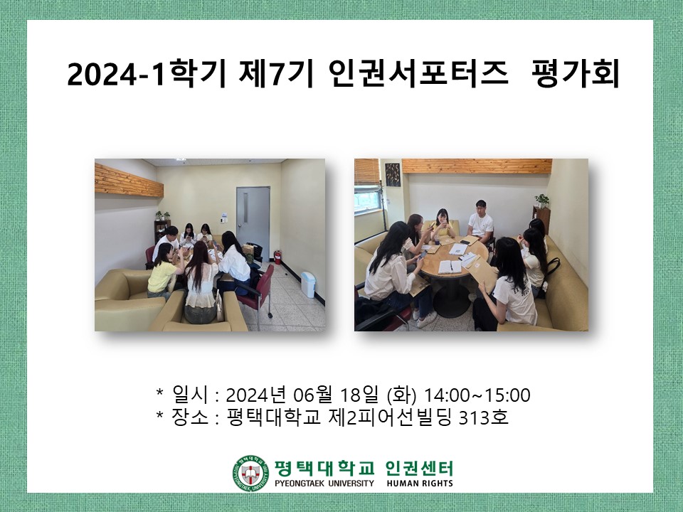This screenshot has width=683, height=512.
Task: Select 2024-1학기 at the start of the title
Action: pos(142,75)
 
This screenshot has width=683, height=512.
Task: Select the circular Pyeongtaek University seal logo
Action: pos(250,473)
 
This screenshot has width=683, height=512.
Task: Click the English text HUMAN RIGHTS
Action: pos(420,484)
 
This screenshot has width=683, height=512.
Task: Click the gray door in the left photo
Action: pos(253,217)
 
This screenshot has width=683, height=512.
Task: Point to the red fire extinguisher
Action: pos(277,255)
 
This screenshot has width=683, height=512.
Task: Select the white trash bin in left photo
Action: pos(308,284)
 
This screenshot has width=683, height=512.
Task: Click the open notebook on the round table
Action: pos(449,267)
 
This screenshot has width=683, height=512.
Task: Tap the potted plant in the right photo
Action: pos(542,201)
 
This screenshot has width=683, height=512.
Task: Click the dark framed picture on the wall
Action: pos(392,173)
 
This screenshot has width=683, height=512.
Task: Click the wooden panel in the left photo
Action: pos(128,178)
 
